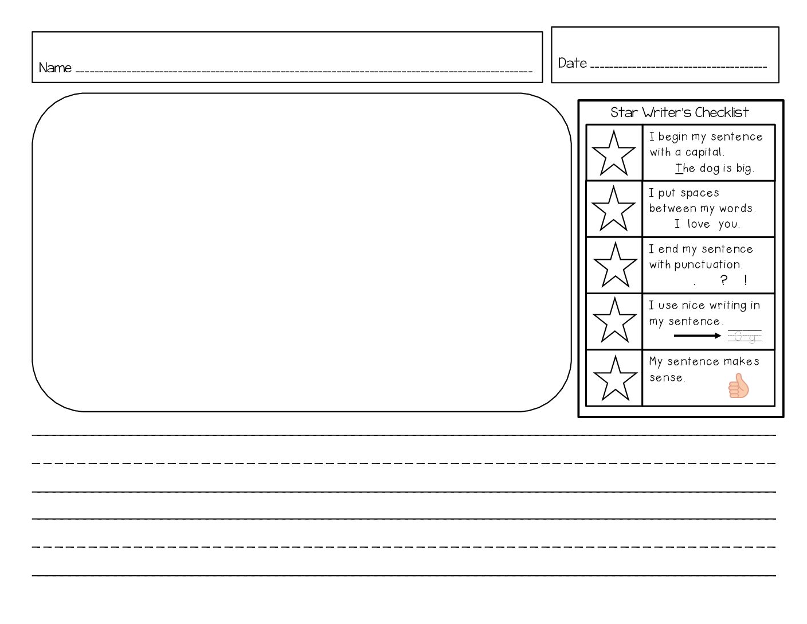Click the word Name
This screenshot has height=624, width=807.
tap(55, 68)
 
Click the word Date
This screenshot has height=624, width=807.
tap(572, 63)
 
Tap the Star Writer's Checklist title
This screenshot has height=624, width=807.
tap(679, 112)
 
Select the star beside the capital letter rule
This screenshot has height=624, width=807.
tap(613, 154)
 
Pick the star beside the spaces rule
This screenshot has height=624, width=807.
tap(613, 209)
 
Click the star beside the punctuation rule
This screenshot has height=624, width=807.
tap(615, 265)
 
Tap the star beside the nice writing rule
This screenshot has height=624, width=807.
tap(614, 321)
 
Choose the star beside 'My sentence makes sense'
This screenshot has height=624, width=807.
tap(615, 379)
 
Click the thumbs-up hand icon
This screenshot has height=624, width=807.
tap(738, 385)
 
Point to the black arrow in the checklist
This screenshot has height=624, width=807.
tap(697, 336)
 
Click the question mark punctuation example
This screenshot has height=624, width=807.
tap(723, 280)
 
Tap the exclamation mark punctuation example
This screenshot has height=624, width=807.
tap(745, 280)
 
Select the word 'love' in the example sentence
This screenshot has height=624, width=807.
tap(699, 224)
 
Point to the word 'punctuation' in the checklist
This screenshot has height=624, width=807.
tap(708, 264)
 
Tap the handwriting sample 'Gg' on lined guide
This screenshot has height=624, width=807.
tap(745, 337)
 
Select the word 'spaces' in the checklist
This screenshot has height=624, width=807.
tap(700, 193)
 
